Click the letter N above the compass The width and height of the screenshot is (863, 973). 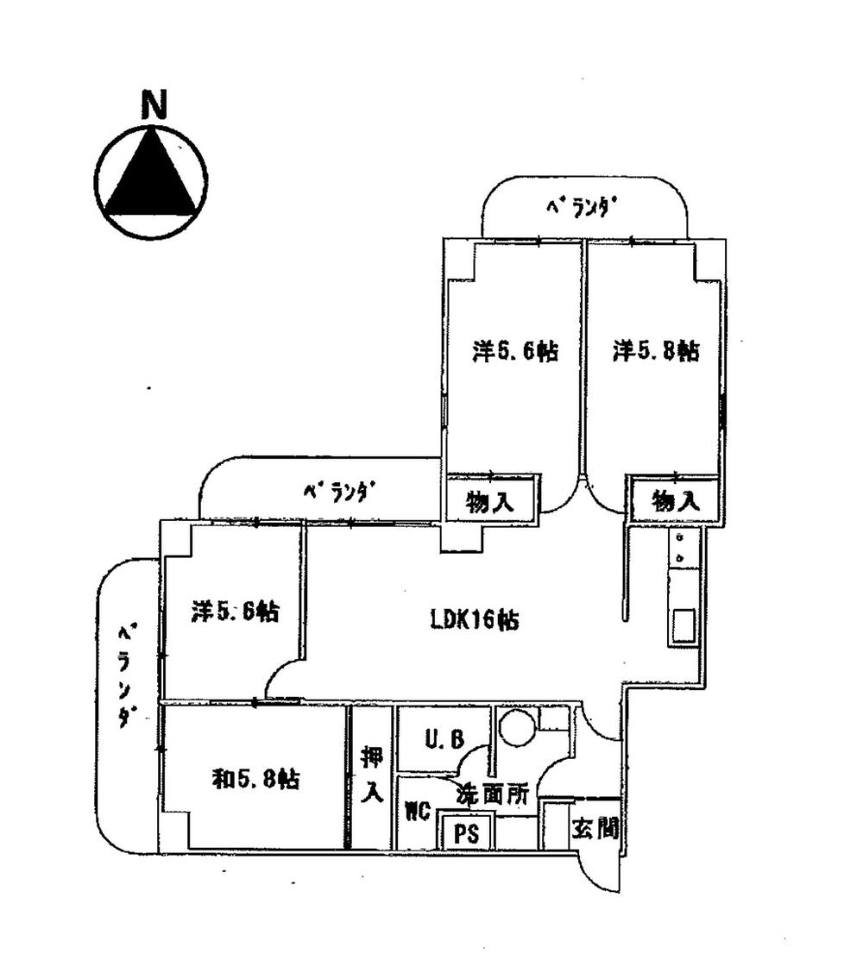[154, 104]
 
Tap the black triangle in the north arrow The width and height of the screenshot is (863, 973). [151, 179]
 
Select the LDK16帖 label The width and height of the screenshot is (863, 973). [475, 620]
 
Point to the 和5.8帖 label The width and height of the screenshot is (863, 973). [256, 779]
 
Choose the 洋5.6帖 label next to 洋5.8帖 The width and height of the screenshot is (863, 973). [513, 351]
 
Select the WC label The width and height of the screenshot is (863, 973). [418, 812]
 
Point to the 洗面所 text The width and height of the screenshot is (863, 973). [492, 795]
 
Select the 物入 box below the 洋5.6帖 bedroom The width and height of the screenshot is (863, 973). [491, 500]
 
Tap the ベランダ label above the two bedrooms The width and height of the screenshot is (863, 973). [583, 207]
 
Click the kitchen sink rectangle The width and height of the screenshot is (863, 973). [685, 625]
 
